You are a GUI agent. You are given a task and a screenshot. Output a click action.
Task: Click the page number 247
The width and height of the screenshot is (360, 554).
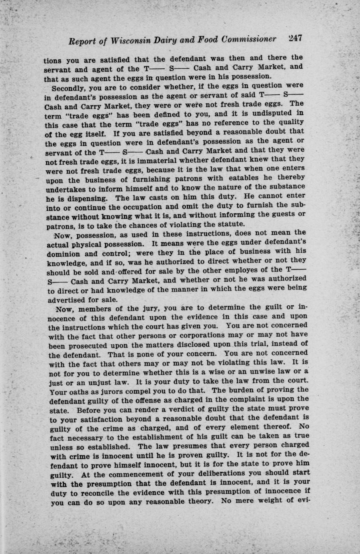(x=295, y=39)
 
